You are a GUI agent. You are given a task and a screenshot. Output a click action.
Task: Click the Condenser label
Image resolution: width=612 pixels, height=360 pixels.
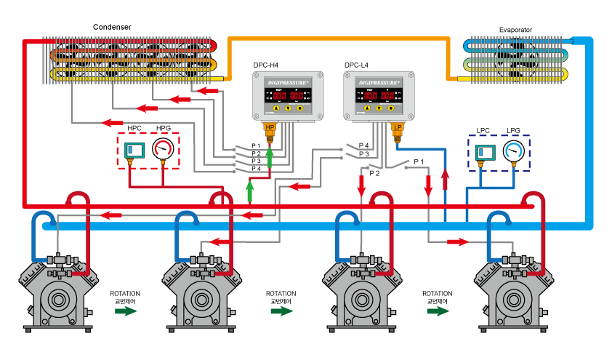112,27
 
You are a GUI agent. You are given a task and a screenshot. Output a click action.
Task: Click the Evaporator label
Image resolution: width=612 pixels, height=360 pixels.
515,30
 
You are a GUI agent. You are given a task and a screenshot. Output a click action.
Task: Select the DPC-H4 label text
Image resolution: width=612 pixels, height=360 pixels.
266,65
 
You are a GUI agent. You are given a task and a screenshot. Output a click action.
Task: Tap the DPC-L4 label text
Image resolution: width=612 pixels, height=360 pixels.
358,65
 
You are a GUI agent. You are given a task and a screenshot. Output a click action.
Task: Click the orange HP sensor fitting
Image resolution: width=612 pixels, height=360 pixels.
270,129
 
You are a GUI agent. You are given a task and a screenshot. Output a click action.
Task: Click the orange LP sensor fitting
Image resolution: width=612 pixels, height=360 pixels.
397,129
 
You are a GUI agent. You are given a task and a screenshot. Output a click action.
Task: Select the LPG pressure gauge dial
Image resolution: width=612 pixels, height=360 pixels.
515,150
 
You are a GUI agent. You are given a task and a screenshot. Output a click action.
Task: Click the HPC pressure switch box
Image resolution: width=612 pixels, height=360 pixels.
134,151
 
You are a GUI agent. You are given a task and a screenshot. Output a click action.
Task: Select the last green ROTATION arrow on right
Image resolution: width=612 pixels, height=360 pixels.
437,311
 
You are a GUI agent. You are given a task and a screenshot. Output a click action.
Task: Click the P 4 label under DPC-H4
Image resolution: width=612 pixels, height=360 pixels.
256,169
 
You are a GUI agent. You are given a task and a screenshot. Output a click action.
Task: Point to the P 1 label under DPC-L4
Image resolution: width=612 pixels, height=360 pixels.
419,161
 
